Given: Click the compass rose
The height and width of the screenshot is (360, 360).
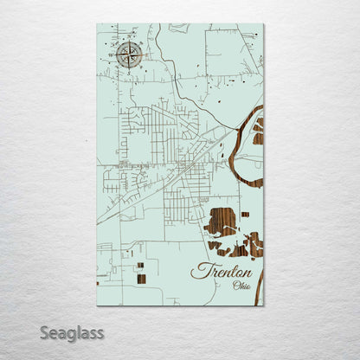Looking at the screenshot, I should coord(130,55).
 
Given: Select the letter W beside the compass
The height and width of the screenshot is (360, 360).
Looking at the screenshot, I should coord(116,55).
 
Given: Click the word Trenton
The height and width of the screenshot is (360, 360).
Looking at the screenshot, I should coord(222,272).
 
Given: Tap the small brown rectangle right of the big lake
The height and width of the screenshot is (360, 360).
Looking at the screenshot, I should coord(245,214).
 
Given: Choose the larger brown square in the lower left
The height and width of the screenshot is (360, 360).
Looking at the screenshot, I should coord(141,279).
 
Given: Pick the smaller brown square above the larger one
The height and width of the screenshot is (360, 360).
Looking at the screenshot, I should coord(140,266).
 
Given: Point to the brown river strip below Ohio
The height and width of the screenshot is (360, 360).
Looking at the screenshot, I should coord(258,290).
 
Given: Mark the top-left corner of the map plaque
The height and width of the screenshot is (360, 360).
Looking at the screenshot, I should coord(98,24).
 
